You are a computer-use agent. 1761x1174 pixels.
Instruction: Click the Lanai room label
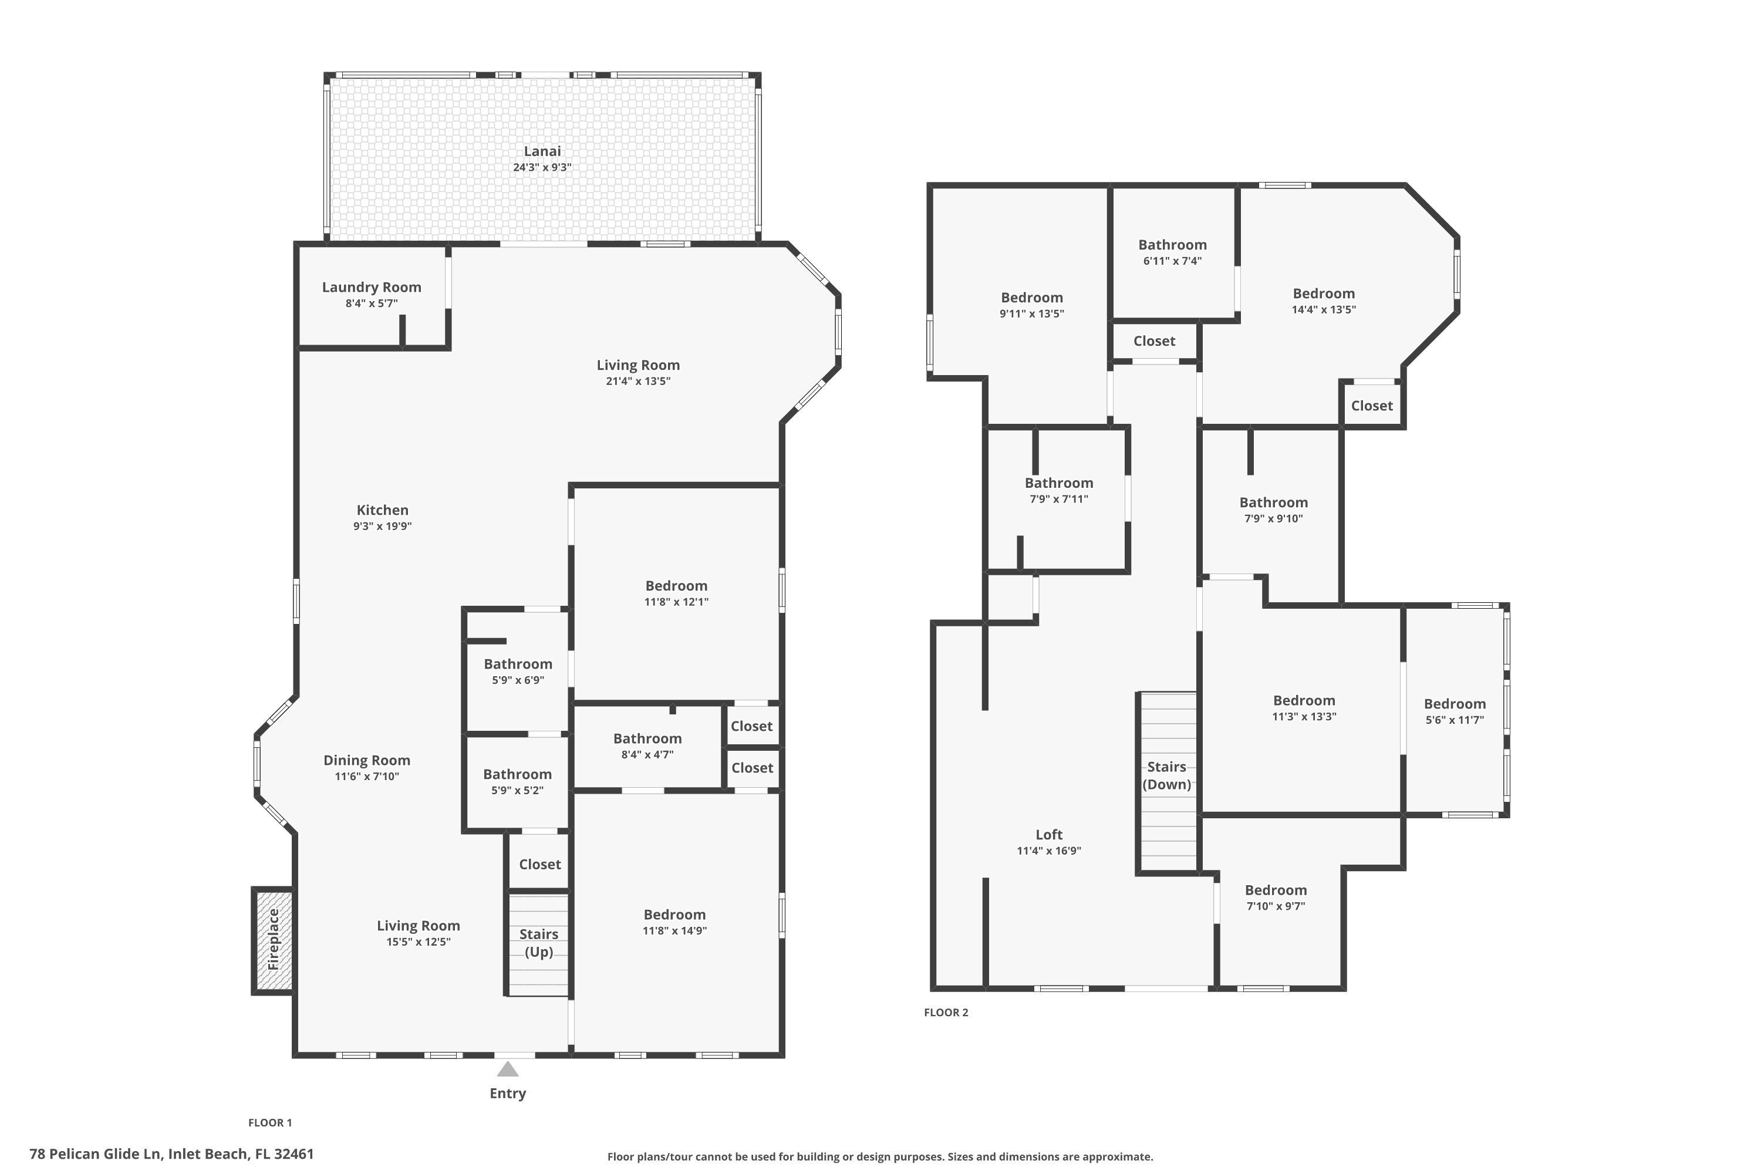(x=541, y=151)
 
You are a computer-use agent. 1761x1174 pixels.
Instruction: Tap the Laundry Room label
(x=372, y=288)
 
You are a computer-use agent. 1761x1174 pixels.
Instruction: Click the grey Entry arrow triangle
(x=508, y=1069)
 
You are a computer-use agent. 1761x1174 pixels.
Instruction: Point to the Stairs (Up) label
(x=538, y=943)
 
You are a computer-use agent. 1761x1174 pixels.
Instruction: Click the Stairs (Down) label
(x=1166, y=775)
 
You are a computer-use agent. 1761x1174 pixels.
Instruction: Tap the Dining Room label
(x=366, y=760)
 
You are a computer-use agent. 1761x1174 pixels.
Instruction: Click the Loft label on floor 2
(x=1048, y=834)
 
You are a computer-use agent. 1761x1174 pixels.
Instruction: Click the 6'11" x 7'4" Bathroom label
(x=1172, y=245)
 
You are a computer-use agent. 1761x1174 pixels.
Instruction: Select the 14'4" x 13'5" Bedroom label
(x=1323, y=293)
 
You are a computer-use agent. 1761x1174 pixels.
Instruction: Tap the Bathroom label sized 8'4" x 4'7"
(x=647, y=738)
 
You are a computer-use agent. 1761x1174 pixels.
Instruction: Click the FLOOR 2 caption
(x=946, y=1012)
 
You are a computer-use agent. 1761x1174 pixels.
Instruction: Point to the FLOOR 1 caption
(x=269, y=1122)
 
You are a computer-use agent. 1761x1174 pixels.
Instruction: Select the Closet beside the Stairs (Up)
(x=539, y=864)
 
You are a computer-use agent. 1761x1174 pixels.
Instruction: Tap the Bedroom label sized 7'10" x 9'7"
(x=1275, y=890)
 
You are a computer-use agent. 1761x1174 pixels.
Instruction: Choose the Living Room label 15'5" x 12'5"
(x=418, y=926)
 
